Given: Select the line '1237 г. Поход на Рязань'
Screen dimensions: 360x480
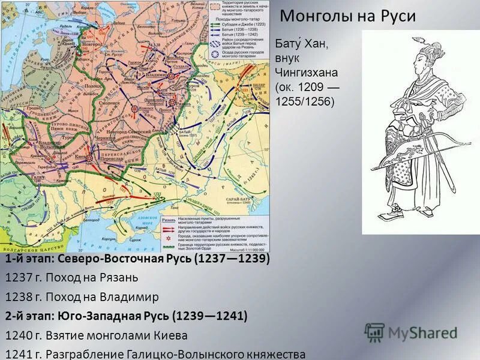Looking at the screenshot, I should [71, 278].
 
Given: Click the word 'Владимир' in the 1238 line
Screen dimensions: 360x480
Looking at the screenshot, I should [132, 297].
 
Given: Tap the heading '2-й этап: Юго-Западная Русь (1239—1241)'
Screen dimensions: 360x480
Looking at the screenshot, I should [126, 316].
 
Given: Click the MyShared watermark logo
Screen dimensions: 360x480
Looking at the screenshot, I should [411, 332].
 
